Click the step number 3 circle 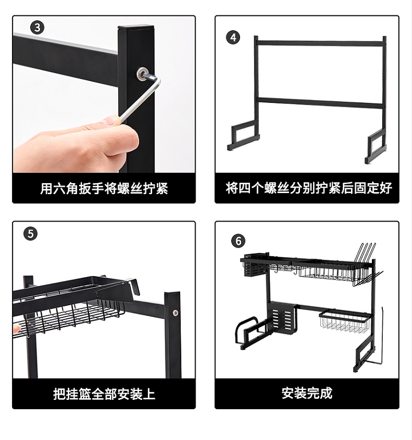[x=37, y=28]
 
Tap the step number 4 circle [x=233, y=37]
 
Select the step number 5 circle [x=31, y=234]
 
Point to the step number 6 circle [x=238, y=241]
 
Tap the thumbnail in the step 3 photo [x=110, y=120]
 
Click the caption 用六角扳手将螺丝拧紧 [x=104, y=188]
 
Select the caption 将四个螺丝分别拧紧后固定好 [x=309, y=188]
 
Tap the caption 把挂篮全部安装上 [x=104, y=394]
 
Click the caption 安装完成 [x=307, y=393]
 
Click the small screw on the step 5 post [x=175, y=312]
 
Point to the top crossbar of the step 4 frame [x=320, y=43]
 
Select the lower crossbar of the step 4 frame [x=320, y=102]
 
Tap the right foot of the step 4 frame [x=375, y=148]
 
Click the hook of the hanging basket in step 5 [x=132, y=285]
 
